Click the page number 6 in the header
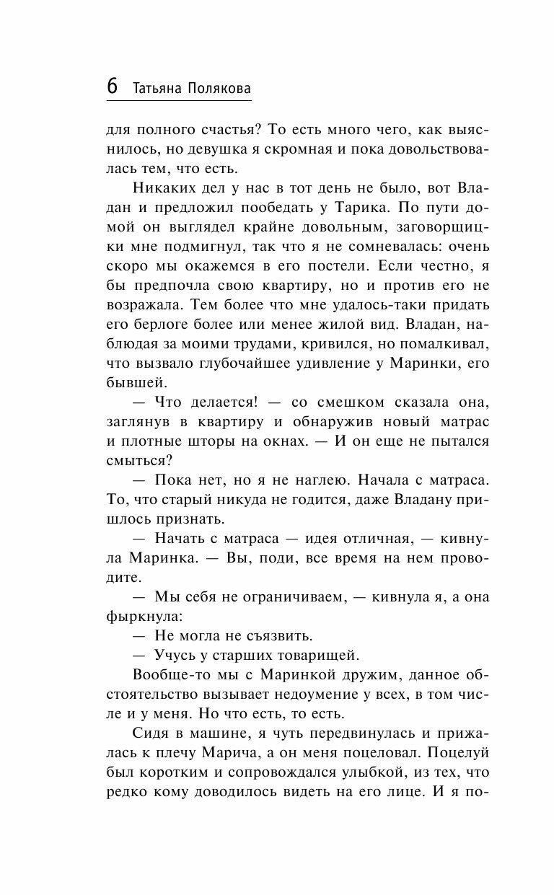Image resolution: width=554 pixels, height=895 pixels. tap(113, 85)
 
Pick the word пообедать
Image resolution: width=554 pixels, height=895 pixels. tap(278, 208)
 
